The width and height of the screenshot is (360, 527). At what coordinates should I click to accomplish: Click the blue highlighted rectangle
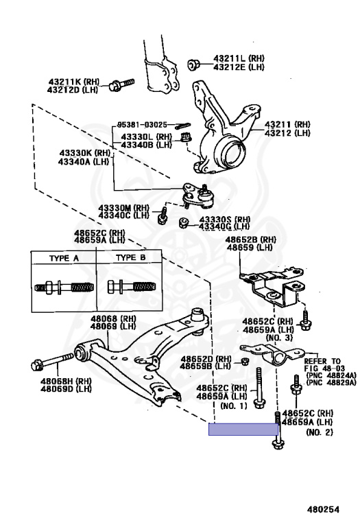coord(243,430)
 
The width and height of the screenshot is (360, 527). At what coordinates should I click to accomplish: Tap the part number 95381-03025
coord(141,124)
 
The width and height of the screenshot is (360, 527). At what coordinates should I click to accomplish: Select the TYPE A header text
coord(63,258)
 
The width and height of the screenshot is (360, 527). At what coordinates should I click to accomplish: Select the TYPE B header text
coord(130,258)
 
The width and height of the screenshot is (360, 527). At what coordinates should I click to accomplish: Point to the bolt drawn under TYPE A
coord(63,285)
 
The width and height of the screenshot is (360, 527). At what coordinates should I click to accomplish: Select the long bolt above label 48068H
coord(55,359)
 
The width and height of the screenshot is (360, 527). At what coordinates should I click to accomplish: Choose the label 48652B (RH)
coord(251,239)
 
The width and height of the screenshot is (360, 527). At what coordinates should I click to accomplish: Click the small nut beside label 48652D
coord(244,362)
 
